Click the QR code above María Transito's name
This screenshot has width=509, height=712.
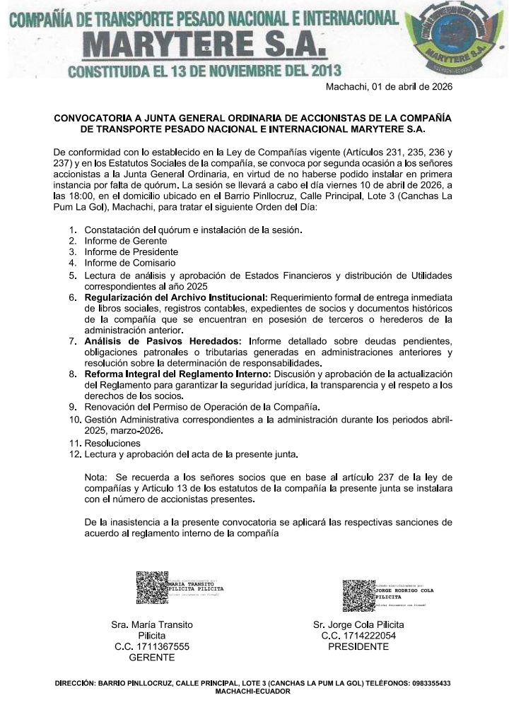[x=151, y=588]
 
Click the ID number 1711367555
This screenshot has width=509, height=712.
[x=152, y=646]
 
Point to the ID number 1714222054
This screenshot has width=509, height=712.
[x=358, y=636]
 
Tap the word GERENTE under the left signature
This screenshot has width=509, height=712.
[x=152, y=657]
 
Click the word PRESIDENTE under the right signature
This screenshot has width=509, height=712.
[x=358, y=646]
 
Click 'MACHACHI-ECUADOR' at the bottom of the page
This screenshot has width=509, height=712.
[x=254, y=692]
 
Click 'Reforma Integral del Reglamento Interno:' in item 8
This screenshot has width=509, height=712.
[x=177, y=372]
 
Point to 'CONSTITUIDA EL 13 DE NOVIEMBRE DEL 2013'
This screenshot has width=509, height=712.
[x=204, y=71]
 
